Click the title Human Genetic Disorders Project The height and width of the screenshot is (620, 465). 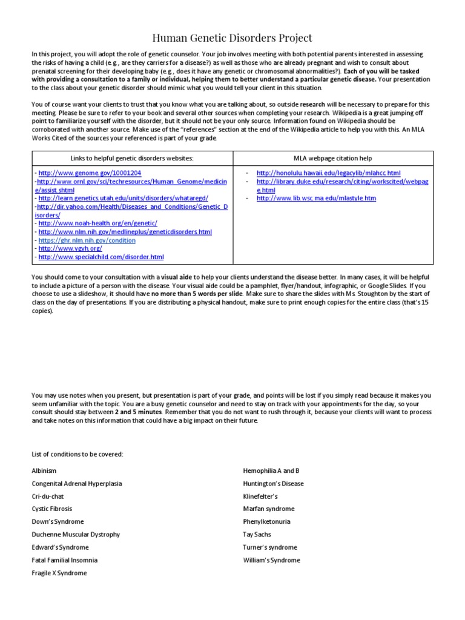click(x=232, y=38)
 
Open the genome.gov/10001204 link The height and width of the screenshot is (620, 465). click(x=90, y=173)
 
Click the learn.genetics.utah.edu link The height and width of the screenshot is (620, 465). click(x=123, y=198)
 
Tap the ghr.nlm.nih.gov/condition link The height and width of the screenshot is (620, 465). click(x=87, y=240)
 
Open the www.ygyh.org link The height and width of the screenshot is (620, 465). click(x=70, y=249)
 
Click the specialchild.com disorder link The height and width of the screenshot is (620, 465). click(x=101, y=257)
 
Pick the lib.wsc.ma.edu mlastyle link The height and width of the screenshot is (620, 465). click(x=316, y=198)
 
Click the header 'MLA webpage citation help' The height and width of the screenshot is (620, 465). click(x=333, y=159)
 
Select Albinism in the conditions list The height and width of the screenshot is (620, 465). click(x=44, y=470)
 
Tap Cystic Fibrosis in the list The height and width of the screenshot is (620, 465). click(x=51, y=509)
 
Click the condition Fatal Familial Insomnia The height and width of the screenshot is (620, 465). click(x=64, y=560)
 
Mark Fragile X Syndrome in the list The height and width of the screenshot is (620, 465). click(x=59, y=573)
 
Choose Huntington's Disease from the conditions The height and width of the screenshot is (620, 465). click(x=273, y=484)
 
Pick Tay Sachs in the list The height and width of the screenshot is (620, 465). click(x=257, y=535)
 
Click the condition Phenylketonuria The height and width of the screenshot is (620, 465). click(x=266, y=521)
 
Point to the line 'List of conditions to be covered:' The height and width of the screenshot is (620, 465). click(x=77, y=454)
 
